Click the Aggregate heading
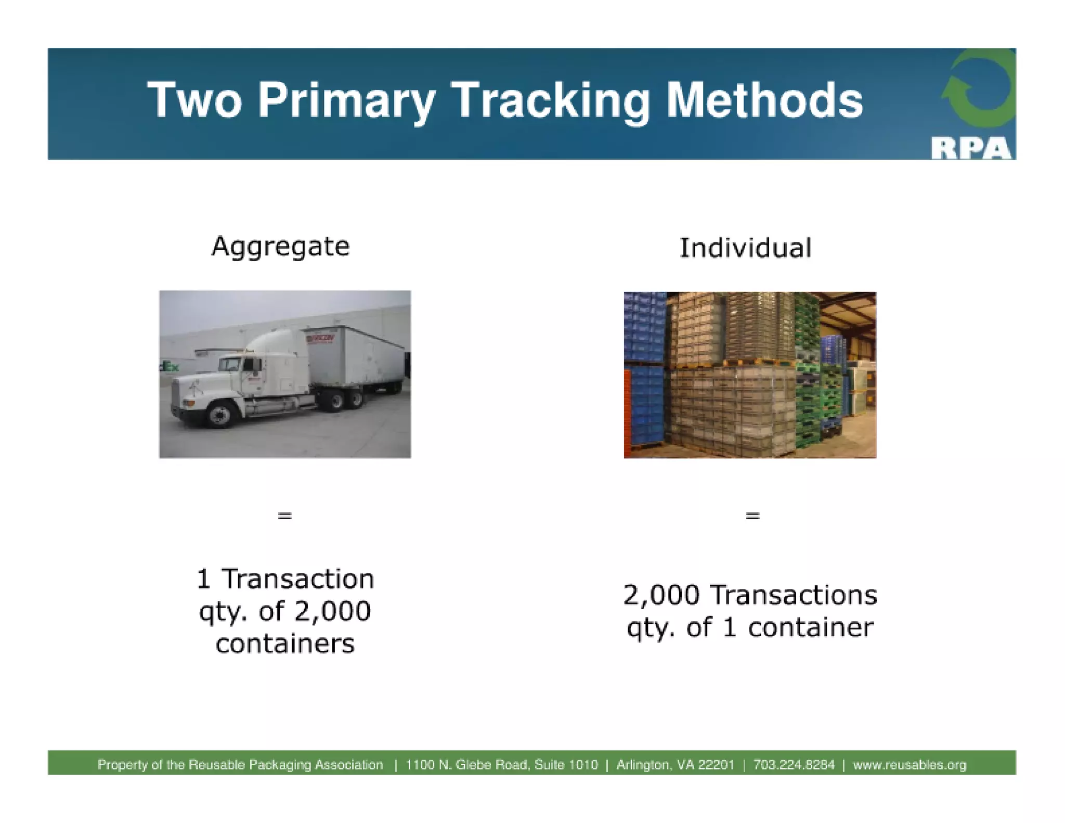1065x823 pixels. point(280,247)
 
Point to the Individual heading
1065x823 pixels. point(745,248)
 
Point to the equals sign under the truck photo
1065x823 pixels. point(284,516)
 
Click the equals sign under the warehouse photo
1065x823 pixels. point(752,516)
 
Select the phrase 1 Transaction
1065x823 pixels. point(285,579)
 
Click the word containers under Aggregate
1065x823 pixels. point(285,644)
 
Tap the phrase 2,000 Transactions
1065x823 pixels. point(750,595)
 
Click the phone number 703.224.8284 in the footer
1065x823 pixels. point(794,765)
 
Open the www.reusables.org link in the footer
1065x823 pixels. point(910,765)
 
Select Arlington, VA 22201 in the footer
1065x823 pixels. point(675,765)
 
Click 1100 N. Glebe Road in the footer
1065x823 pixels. point(467,765)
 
